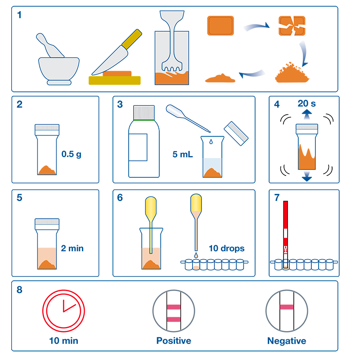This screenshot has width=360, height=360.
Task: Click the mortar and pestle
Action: click(58, 67)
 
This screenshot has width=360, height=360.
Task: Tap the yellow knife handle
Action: click(132, 39)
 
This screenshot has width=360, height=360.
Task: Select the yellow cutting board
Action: click(115, 81)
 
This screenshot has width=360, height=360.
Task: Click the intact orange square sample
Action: click(220, 26)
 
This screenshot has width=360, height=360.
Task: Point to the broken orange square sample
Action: click(292, 26)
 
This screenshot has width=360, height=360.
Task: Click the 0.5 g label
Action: click(72, 154)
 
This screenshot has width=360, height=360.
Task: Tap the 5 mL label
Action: click(183, 154)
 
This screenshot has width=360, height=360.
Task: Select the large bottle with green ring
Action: click(144, 141)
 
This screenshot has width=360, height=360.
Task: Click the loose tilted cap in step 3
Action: click(236, 133)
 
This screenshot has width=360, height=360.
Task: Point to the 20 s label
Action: click(306, 103)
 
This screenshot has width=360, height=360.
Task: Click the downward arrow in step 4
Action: click(307, 176)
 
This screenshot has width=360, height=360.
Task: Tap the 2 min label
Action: click(72, 248)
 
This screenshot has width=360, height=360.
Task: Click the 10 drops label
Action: click(226, 248)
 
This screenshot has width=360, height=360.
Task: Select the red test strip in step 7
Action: click(285, 234)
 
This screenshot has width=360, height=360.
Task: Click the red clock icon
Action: click(63, 311)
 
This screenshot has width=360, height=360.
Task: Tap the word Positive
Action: click(174, 341)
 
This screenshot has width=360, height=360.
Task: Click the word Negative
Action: click(287, 341)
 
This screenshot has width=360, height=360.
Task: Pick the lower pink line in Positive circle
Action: click(174, 319)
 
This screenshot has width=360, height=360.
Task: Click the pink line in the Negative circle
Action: click(287, 307)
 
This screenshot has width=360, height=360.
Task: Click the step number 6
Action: click(120, 198)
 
